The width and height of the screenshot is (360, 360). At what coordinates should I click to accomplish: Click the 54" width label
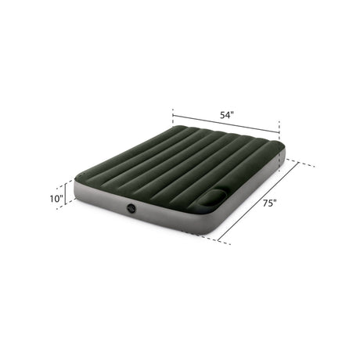click(x=227, y=115)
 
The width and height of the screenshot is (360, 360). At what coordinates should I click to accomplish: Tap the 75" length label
click(x=269, y=203)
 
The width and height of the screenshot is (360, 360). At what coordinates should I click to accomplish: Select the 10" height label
click(x=56, y=199)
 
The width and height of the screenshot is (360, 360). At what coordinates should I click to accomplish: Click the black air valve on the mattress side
click(x=131, y=208)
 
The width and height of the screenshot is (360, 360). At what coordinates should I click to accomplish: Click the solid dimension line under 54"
click(x=226, y=124)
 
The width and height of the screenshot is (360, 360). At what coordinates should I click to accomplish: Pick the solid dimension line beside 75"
click(x=258, y=201)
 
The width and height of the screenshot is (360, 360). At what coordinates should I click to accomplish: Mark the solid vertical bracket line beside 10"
click(x=66, y=193)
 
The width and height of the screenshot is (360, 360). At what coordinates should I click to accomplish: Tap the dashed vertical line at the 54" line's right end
click(x=279, y=146)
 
